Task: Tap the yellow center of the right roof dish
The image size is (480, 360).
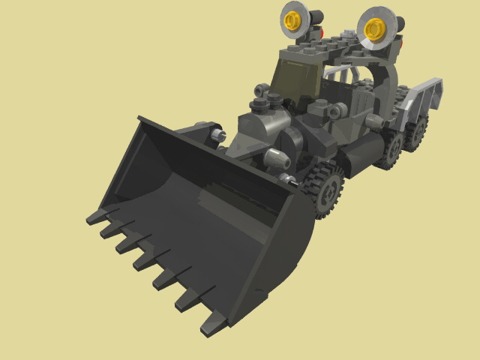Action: point(373,29)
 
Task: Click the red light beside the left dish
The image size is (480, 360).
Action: point(320,33)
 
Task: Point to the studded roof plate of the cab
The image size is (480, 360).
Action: point(330,45)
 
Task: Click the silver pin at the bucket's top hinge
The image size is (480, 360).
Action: point(219,134)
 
